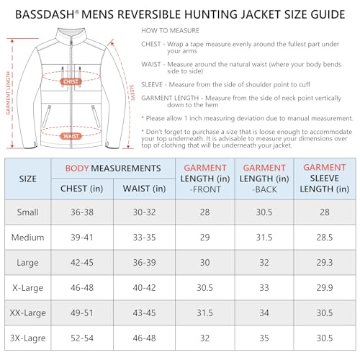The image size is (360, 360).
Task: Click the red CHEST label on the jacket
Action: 70,82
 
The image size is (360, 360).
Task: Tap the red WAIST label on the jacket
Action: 70,135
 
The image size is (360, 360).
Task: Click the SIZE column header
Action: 28,178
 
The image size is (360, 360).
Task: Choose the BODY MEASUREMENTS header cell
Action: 112,168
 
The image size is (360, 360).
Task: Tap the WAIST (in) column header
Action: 143,189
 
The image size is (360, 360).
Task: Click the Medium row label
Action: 28,237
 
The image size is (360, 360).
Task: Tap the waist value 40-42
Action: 143,287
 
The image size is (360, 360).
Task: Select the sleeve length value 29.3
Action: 325,262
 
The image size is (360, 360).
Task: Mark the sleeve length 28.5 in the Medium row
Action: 325,237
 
